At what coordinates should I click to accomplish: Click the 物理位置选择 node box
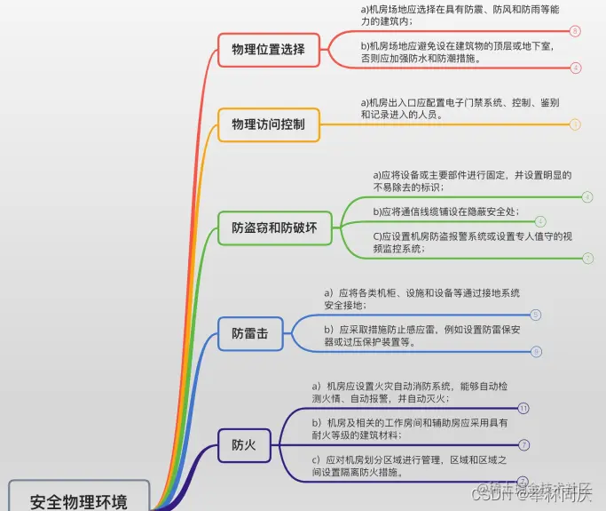[268, 50]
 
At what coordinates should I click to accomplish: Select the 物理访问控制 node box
[268, 124]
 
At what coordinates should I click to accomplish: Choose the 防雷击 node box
[250, 334]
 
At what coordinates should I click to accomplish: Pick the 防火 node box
[244, 444]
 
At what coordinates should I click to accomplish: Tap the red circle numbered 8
[575, 31]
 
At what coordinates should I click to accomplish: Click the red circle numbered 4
[575, 68]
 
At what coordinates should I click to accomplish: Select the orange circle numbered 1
[575, 124]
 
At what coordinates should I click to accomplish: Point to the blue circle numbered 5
[535, 315]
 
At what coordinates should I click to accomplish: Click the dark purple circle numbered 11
[523, 408]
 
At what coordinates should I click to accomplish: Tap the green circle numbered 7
[587, 258]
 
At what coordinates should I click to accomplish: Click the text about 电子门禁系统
[459, 108]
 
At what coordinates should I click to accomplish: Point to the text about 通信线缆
[446, 212]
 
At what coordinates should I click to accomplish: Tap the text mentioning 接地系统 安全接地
[421, 299]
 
